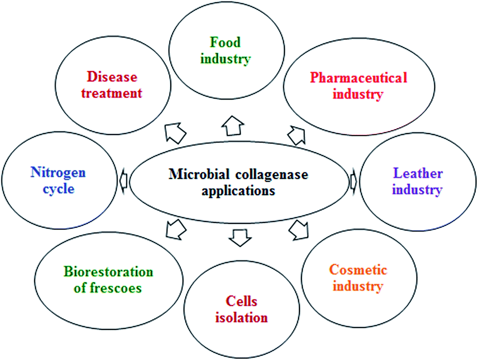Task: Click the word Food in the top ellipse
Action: pos(225,42)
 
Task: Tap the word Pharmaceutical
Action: pos(358,78)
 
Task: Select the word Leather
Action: pos(418,173)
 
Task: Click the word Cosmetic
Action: pos(358,270)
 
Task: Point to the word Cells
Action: pos(241,301)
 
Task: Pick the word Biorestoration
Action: pos(108,272)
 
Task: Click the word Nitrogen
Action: pos(58,173)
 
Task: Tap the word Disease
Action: pos(112,77)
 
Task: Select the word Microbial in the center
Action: pos(199,174)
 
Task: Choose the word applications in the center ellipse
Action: pos(238,191)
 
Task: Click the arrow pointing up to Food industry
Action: pos(233,125)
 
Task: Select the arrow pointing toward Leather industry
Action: pos(354,181)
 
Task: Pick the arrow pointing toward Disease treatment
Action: pos(175,133)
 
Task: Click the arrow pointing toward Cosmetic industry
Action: pos(299,230)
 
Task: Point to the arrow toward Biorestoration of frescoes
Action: pos(176,229)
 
